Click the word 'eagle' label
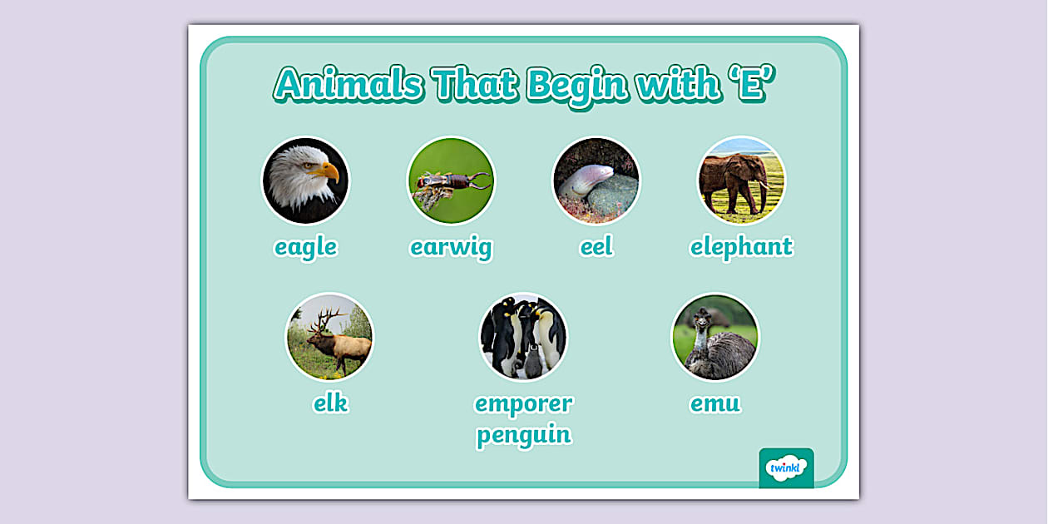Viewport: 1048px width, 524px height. point(305,247)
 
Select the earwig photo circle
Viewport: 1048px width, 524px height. point(451,180)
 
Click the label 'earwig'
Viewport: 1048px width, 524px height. point(451,247)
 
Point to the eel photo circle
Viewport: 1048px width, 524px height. point(596,180)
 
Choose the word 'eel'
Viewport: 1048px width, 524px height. point(596,247)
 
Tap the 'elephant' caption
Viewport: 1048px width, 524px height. point(741,247)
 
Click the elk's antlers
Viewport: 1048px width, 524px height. point(327,318)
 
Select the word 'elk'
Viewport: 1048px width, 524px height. point(330,403)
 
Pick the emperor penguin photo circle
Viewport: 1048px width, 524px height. point(523,336)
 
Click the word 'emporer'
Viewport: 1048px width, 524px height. point(523,403)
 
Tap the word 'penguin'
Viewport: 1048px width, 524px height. point(523,434)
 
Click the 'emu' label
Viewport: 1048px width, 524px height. point(715,403)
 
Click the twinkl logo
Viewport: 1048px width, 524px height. point(786,467)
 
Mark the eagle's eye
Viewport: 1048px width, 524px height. point(313,166)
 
